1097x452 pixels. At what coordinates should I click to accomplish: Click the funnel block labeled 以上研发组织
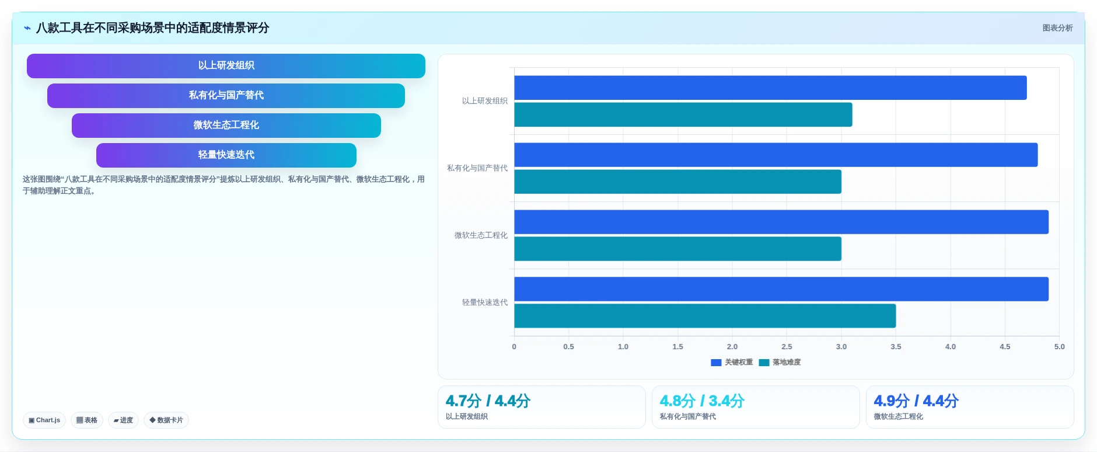(x=226, y=66)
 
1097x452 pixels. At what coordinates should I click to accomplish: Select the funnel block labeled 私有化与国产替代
(x=226, y=96)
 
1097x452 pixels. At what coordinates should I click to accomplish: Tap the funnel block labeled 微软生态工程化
(x=226, y=126)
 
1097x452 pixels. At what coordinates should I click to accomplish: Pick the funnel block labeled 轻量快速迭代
(x=226, y=155)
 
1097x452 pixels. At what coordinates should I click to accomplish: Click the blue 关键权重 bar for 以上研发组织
(x=770, y=88)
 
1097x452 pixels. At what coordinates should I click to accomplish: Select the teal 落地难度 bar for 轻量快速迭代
(x=705, y=316)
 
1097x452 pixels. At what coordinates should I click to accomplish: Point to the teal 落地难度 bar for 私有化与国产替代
(x=677, y=182)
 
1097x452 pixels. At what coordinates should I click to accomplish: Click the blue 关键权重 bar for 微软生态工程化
(x=781, y=222)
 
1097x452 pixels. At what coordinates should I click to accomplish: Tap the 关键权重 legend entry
(x=732, y=363)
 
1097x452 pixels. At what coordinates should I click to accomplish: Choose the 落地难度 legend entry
(x=780, y=363)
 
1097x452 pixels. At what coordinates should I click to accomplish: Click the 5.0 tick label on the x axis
(x=1059, y=347)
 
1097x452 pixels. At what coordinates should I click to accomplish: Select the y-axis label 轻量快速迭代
(x=485, y=303)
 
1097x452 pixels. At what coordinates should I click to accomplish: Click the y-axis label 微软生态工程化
(x=481, y=235)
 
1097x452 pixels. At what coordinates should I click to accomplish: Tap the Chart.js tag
(x=44, y=420)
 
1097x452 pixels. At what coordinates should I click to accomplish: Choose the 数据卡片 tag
(x=166, y=420)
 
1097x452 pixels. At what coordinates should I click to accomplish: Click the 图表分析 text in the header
(x=1057, y=28)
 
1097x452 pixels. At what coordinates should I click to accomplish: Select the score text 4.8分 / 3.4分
(x=702, y=401)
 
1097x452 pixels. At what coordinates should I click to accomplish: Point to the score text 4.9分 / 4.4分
(x=916, y=401)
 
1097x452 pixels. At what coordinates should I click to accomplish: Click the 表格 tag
(x=87, y=420)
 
